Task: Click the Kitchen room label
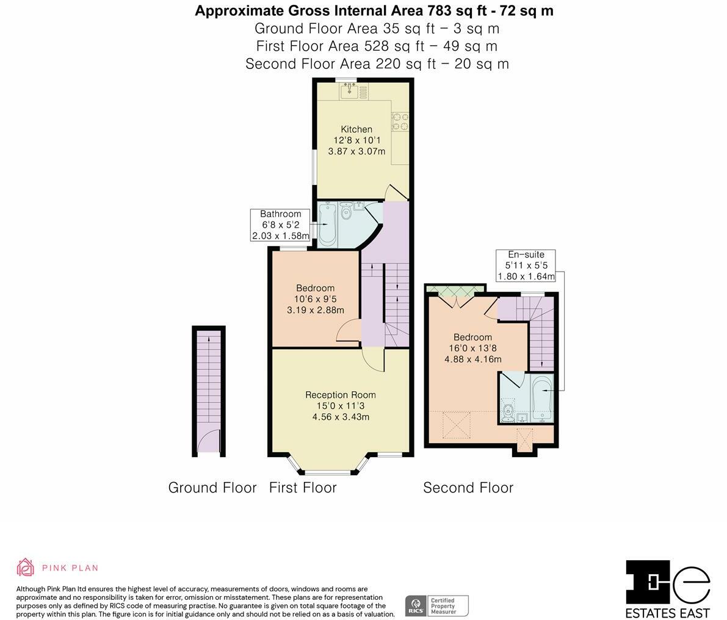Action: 356,129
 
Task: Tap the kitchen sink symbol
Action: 349,92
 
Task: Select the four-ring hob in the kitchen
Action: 400,121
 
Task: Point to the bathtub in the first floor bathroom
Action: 327,225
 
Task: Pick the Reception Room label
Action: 341,395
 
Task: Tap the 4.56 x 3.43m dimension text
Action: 341,417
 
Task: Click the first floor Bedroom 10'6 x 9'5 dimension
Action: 316,299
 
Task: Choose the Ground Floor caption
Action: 212,488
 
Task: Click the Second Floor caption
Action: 468,488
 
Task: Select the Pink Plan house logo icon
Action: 26,567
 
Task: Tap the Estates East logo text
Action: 668,613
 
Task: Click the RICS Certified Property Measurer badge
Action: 437,606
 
